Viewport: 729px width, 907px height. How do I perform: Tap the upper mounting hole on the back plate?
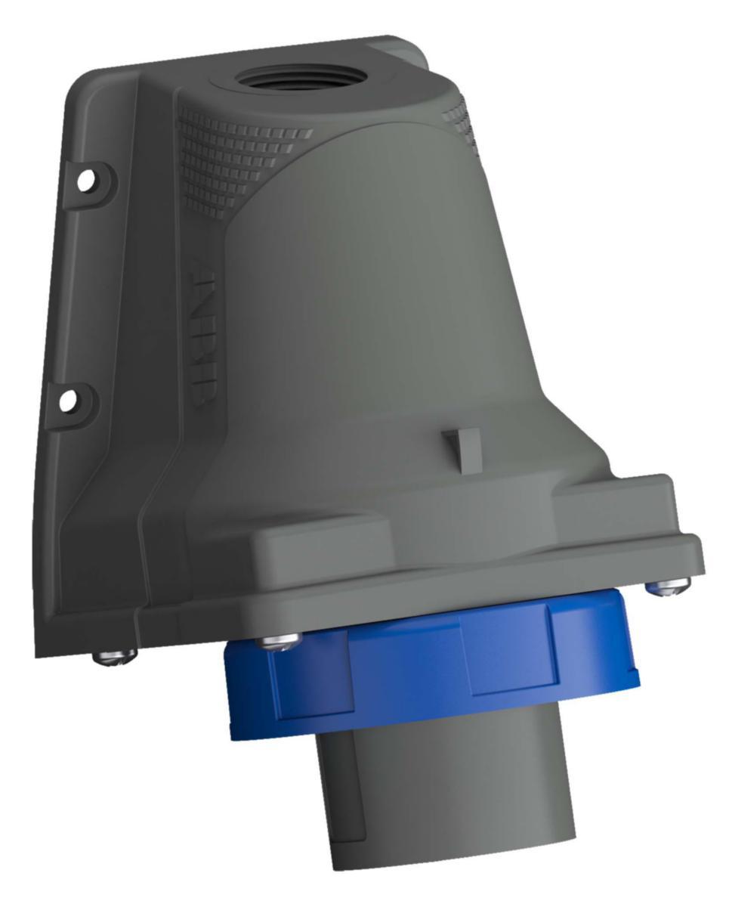(x=88, y=179)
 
